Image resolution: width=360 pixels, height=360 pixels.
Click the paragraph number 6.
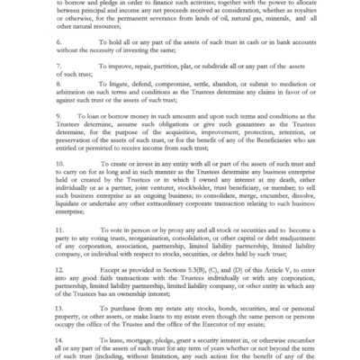pos(57,40)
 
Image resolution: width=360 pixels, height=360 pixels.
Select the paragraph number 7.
pos(57,65)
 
